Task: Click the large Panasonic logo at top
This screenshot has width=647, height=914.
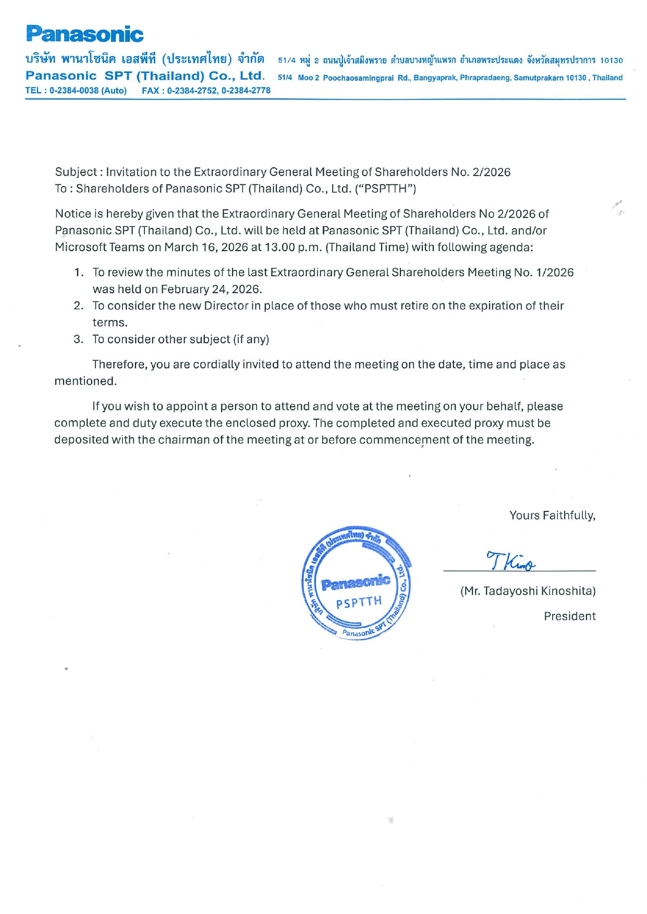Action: (x=84, y=34)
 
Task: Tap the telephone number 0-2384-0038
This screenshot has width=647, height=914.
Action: (x=74, y=91)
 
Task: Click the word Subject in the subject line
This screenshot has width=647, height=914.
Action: (x=76, y=172)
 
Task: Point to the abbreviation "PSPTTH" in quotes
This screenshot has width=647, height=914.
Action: (x=385, y=189)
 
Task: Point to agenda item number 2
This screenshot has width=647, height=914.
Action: (x=78, y=306)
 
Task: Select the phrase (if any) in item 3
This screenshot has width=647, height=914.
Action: (x=251, y=340)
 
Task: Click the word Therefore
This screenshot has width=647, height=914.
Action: (x=119, y=365)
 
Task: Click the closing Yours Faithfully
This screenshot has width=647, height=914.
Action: (x=552, y=516)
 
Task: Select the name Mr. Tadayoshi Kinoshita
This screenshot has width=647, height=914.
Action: (x=528, y=591)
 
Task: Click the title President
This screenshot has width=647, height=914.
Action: (x=569, y=617)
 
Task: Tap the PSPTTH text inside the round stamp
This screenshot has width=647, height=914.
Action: (x=359, y=603)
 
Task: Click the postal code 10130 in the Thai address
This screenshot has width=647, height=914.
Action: (x=611, y=61)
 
